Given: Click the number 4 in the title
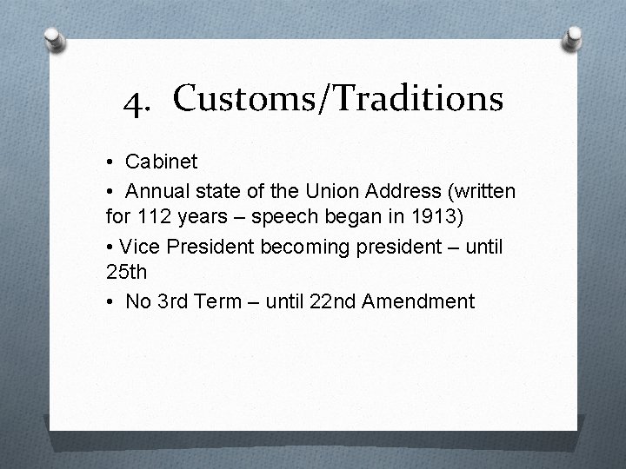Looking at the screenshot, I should point(135,102).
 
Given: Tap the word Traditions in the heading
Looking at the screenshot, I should point(410,98).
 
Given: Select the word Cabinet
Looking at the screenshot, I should point(162,162).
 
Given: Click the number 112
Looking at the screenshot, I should point(151,217).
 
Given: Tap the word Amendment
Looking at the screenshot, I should point(418,302).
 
